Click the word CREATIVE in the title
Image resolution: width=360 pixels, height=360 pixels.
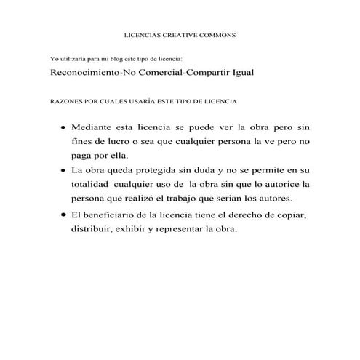(171, 35)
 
